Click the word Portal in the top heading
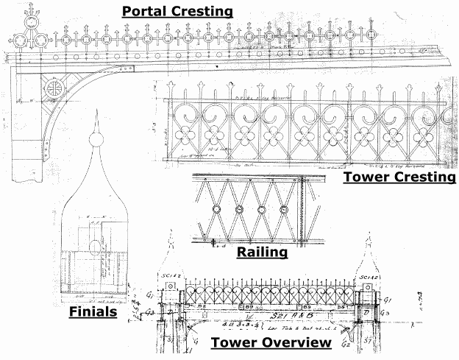[x=144, y=11]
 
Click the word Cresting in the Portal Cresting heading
[x=200, y=11]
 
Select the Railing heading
[x=262, y=253]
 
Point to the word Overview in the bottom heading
[x=295, y=343]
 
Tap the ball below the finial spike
[x=93, y=139]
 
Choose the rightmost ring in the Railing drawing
[x=283, y=210]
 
